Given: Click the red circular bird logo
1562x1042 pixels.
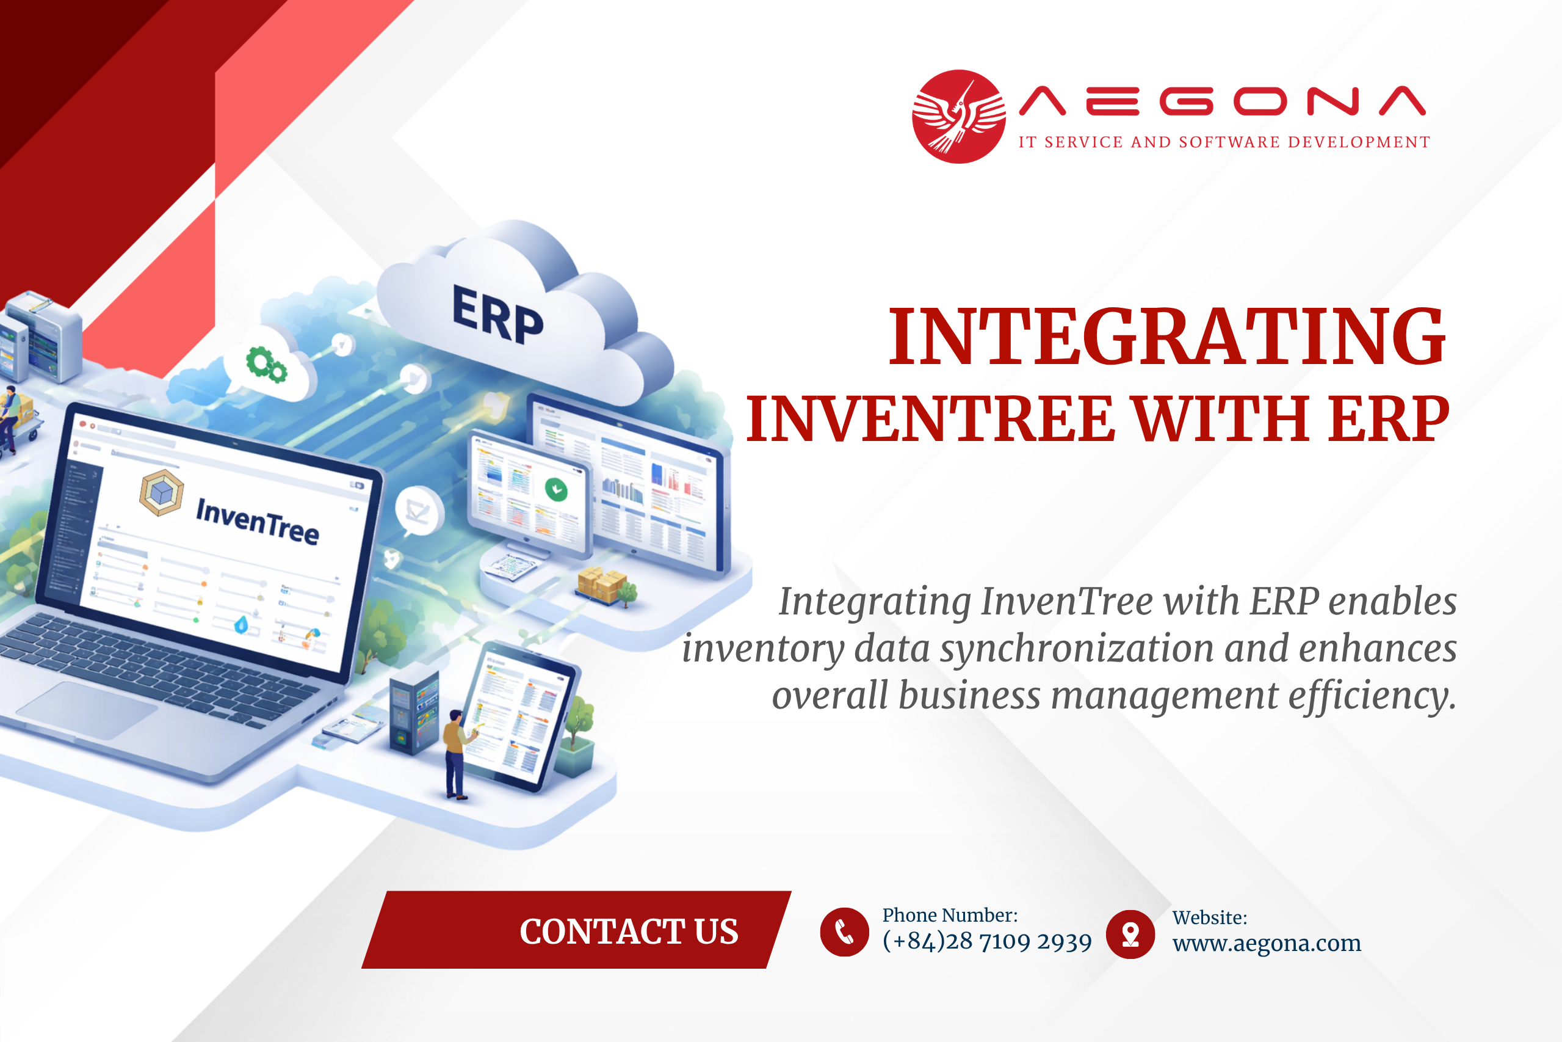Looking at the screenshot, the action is point(958,116).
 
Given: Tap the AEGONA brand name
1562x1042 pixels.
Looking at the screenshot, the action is point(1222,101).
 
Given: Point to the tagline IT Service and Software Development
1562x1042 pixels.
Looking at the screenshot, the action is point(1224,142).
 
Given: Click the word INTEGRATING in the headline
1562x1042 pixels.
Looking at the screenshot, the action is point(1167,337).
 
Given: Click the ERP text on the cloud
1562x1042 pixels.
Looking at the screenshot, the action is point(497,315).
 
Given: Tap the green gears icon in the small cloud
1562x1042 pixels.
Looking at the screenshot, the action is point(266,364).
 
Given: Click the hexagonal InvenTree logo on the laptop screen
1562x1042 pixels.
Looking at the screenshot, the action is point(161,492).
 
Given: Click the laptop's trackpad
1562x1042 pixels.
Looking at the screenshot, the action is point(87,710).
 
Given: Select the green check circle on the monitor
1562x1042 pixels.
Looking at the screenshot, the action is point(556,490).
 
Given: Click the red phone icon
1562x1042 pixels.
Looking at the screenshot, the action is point(844,931).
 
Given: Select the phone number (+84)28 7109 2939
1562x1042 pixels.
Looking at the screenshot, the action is point(987,942).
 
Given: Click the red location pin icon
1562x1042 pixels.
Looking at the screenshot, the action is point(1130,934).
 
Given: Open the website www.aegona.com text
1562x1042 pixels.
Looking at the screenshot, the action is point(1267,944).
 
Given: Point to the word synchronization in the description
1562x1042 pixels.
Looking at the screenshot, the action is point(1077,649).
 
